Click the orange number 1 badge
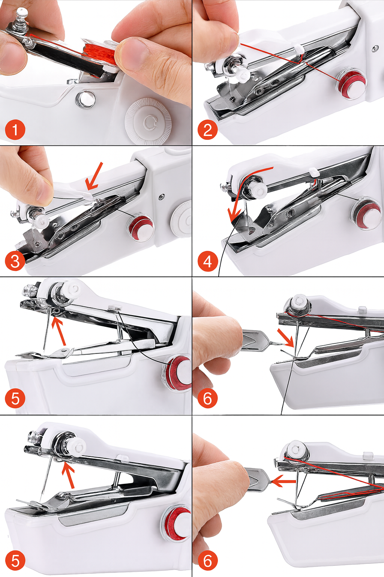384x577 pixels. coord(15,130)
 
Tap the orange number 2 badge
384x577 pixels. coord(207,130)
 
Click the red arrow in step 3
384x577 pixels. coord(94,177)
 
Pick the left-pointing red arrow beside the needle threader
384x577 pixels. coord(284,482)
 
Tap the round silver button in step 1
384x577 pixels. coord(85,98)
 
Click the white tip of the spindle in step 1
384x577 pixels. coord(22,11)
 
